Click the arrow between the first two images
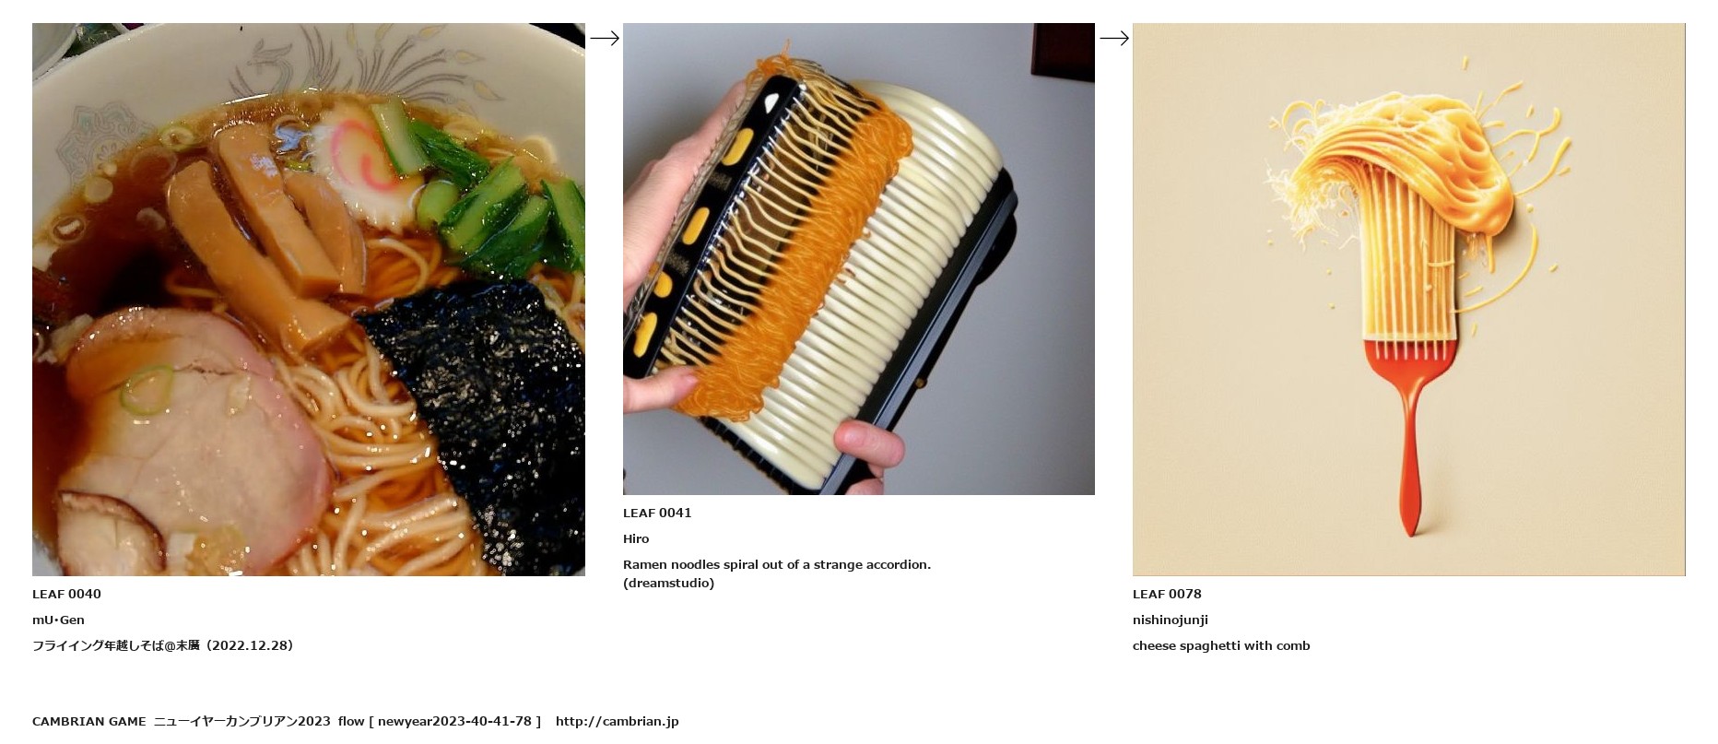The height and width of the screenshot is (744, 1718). [605, 38]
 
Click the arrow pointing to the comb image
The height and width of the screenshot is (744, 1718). [1114, 38]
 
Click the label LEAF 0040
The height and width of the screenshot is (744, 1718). [66, 594]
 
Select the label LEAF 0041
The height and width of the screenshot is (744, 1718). [657, 513]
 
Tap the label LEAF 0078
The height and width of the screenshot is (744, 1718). [1167, 594]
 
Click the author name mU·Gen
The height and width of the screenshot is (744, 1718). [58, 620]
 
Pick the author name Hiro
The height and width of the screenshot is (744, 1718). [636, 538]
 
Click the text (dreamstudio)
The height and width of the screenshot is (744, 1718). [668, 583]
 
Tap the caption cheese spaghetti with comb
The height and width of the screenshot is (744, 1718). [1221, 645]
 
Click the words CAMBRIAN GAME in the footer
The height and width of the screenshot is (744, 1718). [88, 721]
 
